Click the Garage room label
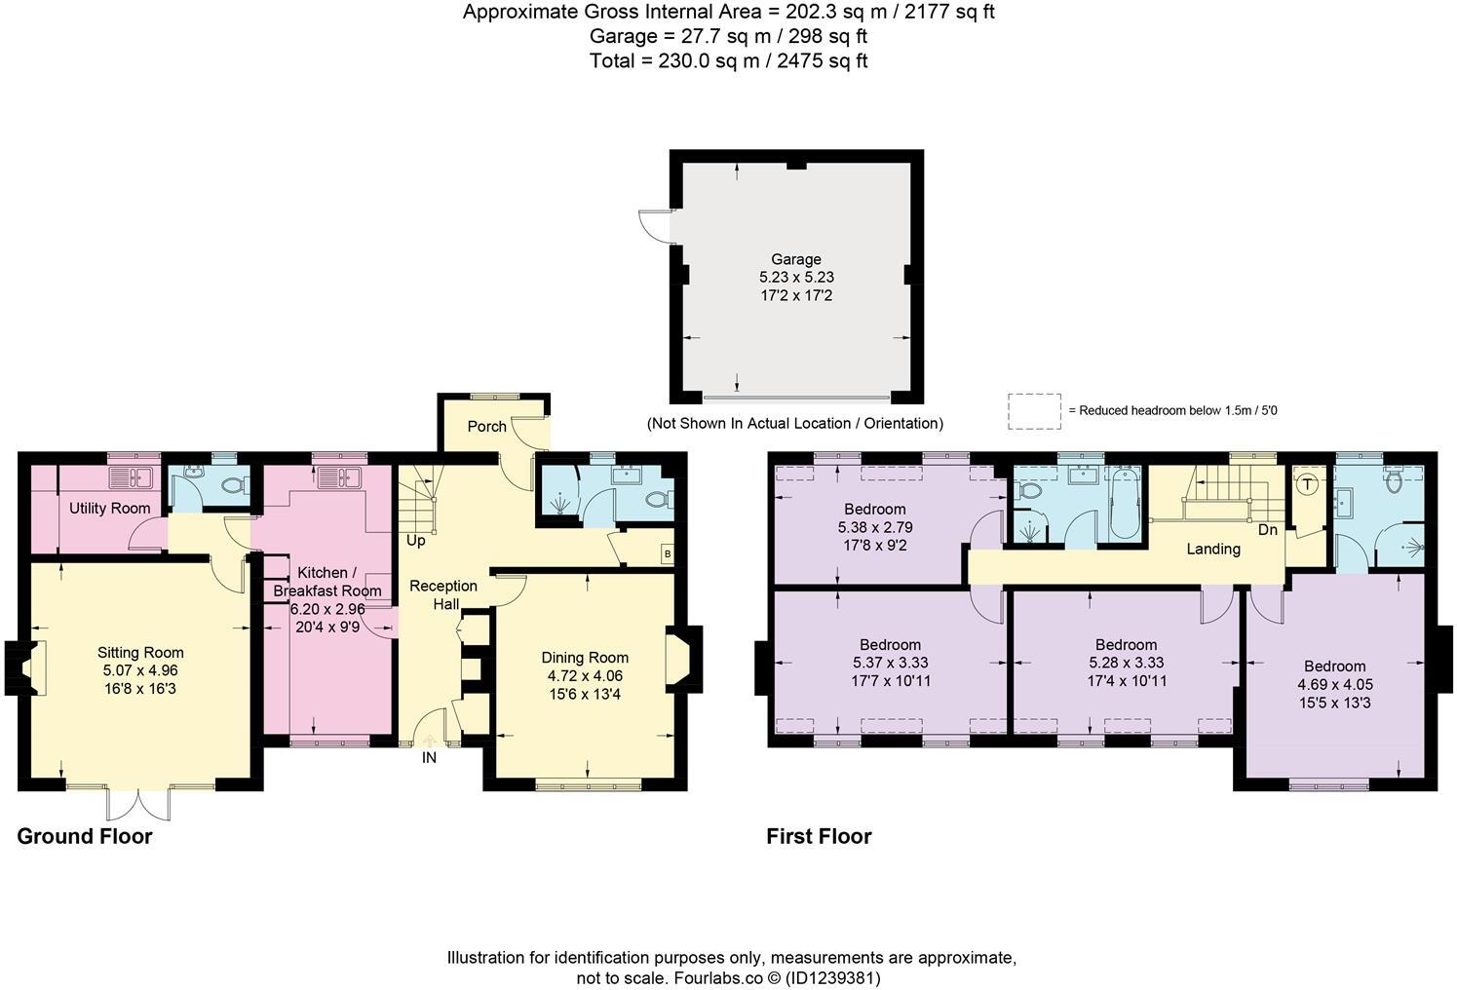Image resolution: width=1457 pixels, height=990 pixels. (796, 259)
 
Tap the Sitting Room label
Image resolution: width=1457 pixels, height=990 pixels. (140, 653)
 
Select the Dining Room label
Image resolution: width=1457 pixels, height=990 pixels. (585, 658)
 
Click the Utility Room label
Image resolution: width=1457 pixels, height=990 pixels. (109, 508)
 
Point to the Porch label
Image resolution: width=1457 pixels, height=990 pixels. (486, 427)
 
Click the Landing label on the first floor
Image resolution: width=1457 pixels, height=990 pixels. (1212, 549)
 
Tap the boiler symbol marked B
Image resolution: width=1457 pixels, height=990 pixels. (667, 553)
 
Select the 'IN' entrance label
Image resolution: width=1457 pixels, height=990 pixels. (429, 757)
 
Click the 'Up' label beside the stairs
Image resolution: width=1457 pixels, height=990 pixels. (415, 540)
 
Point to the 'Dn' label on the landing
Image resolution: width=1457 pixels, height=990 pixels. (1267, 530)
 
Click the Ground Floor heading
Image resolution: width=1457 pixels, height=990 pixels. (85, 836)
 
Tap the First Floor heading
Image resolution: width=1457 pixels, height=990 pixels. (819, 836)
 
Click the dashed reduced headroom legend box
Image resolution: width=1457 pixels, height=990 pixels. (1034, 411)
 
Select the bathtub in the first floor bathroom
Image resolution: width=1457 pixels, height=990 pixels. (1124, 503)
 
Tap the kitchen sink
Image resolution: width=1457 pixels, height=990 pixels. (338, 477)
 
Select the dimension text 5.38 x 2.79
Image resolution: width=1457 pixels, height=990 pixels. (874, 527)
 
